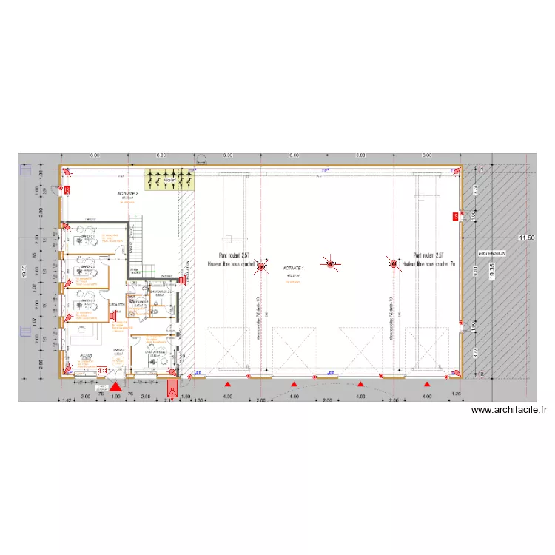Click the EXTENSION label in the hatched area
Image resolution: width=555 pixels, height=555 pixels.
491,253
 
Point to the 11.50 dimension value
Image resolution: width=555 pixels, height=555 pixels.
526,238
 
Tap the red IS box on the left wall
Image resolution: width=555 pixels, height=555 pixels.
67,190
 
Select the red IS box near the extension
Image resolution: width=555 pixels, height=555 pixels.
455,216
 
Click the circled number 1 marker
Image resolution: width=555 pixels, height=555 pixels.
482,170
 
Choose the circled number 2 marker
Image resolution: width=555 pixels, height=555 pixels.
482,374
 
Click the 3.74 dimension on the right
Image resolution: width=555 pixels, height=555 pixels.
477,190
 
